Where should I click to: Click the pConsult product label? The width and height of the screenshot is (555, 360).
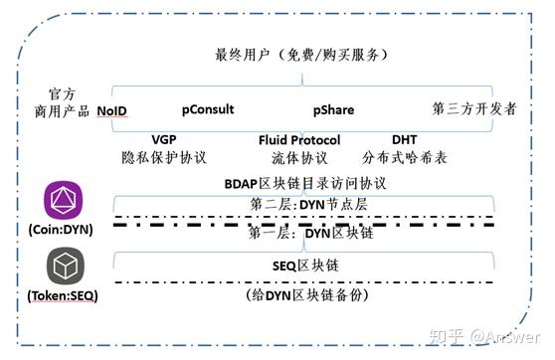[208, 109]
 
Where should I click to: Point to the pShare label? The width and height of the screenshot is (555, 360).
[334, 109]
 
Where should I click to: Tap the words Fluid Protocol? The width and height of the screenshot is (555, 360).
[298, 140]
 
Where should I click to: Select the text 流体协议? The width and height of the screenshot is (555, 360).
[298, 158]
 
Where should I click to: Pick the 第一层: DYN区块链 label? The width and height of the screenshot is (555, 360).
[301, 235]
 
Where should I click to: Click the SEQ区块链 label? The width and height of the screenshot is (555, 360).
[303, 265]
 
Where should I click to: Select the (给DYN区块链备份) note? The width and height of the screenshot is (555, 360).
[302, 295]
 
